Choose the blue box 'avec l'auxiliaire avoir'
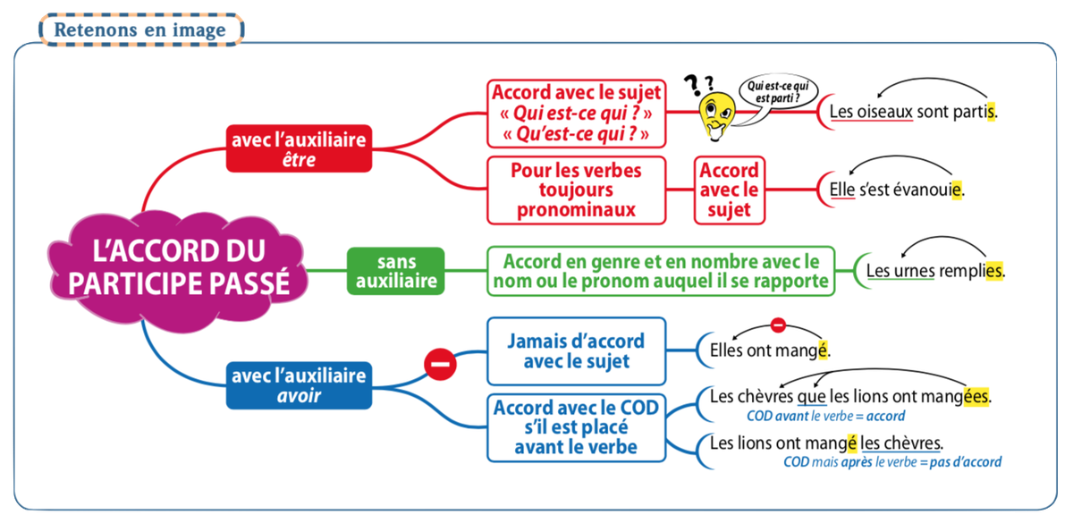(299, 385)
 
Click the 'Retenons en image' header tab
(141, 29)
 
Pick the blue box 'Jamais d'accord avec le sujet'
(575, 350)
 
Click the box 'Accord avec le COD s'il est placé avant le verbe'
(576, 427)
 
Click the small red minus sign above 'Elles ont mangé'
(778, 325)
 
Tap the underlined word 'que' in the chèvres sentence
(810, 395)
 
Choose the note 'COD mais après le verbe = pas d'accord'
(892, 462)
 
